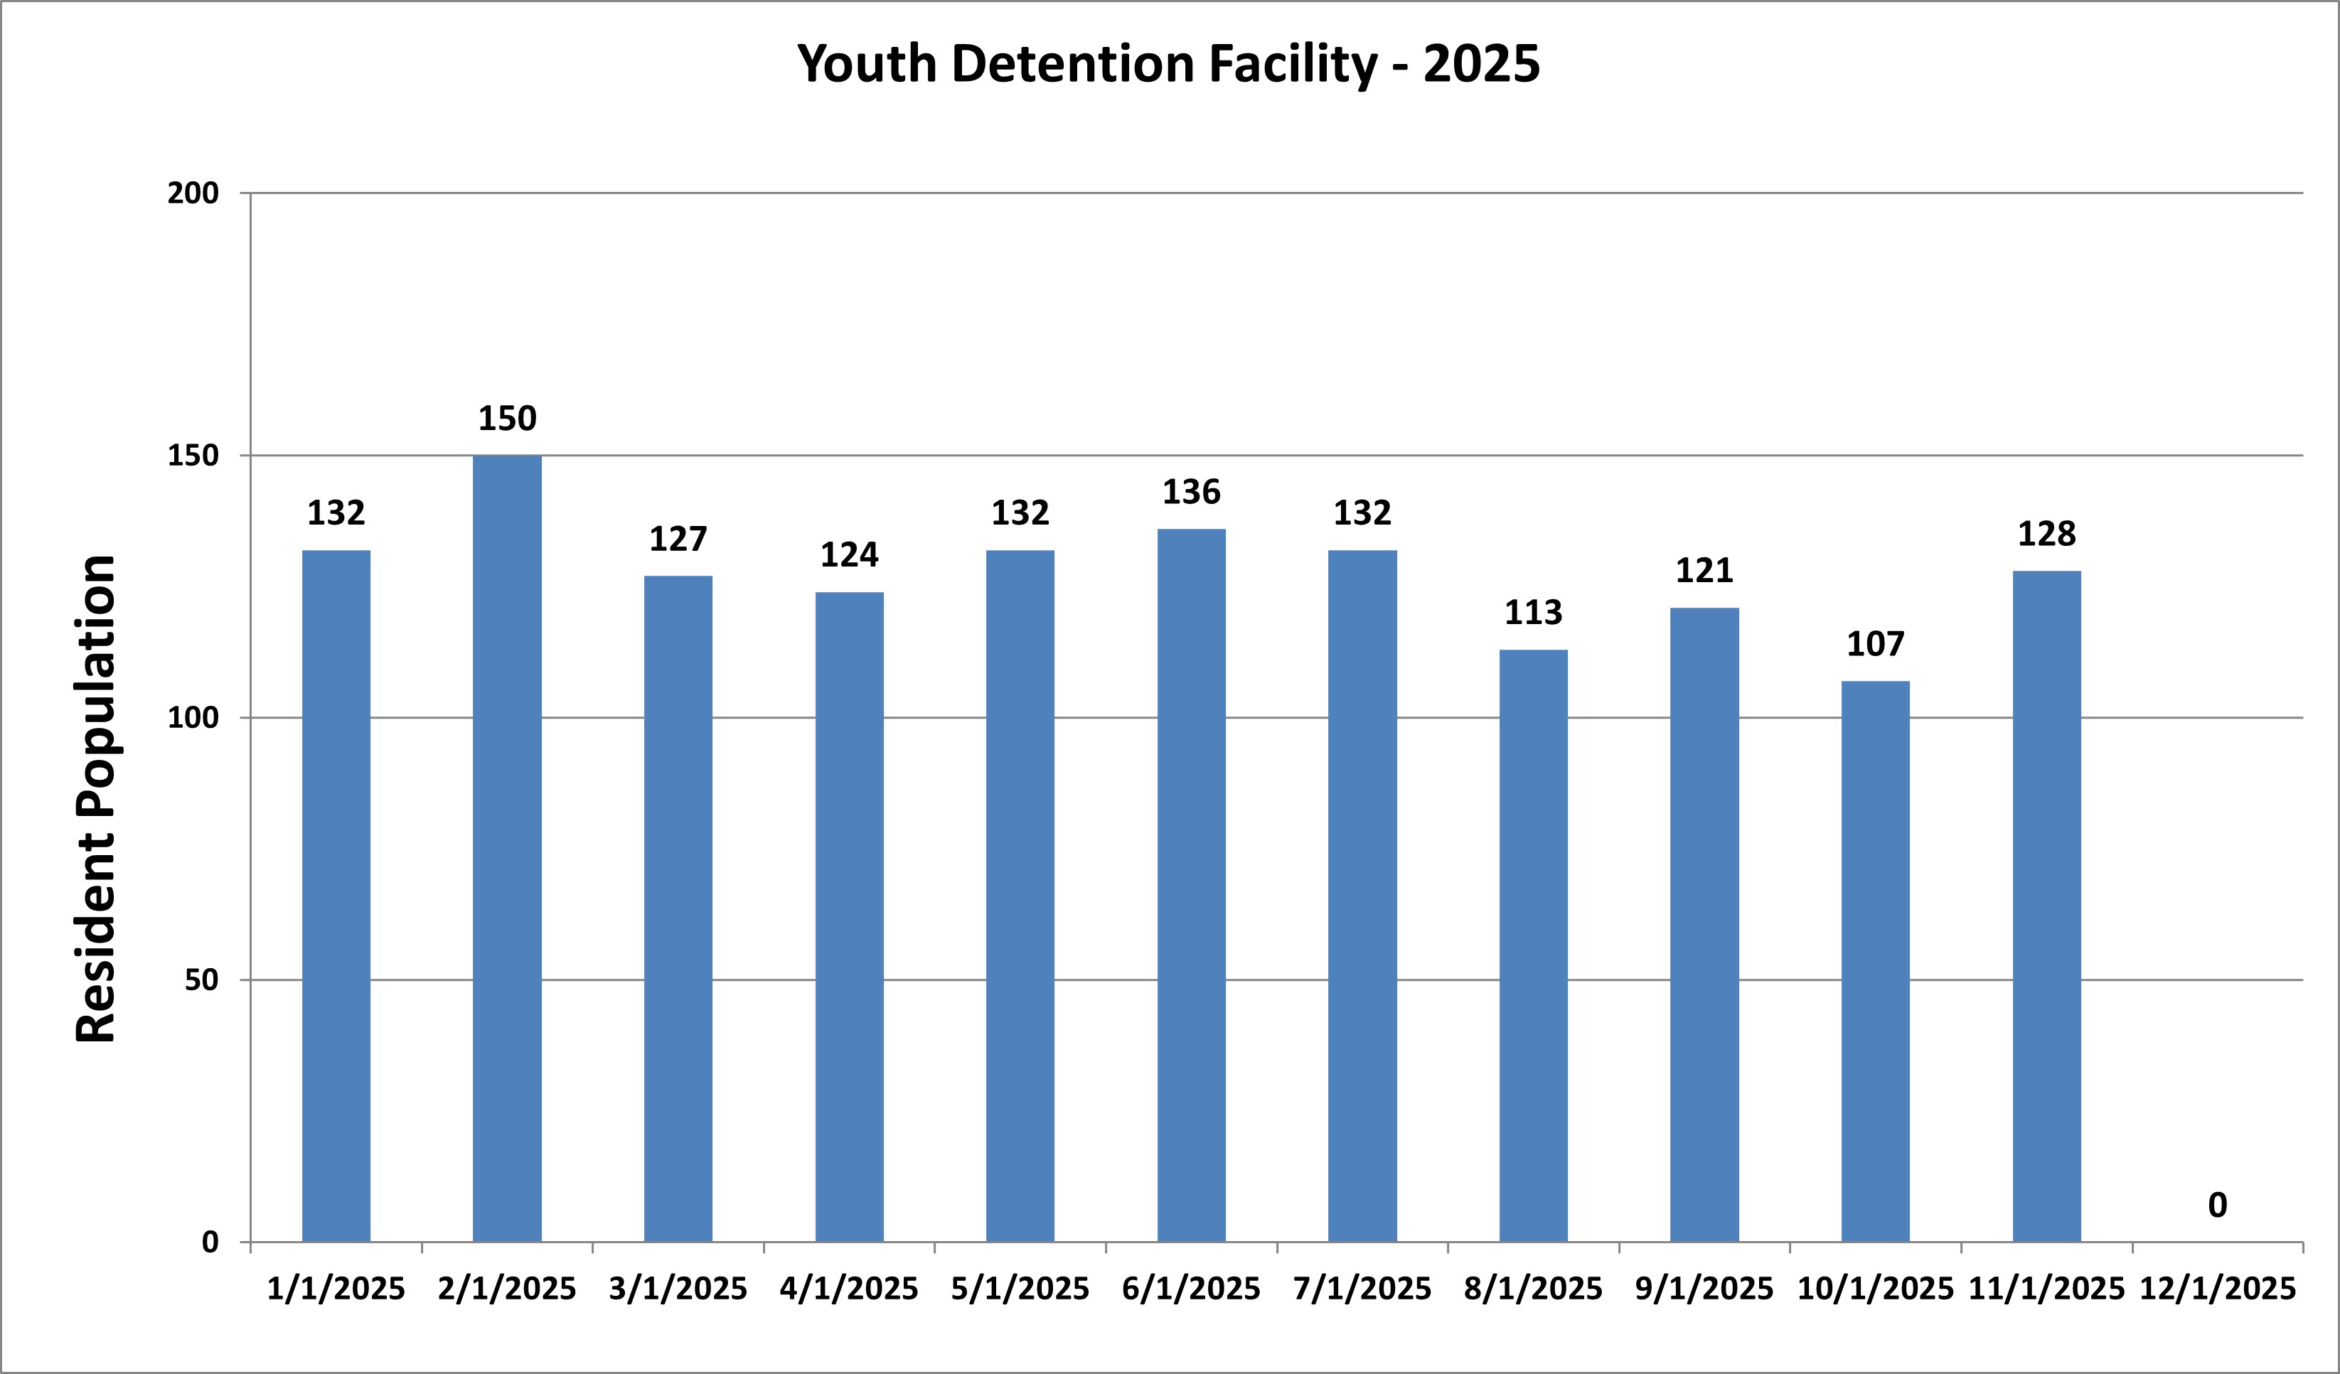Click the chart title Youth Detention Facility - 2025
[1168, 64]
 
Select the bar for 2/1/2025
[507, 847]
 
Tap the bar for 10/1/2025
[1875, 961]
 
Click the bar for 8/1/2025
[1533, 945]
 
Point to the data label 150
[507, 419]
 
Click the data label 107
[1875, 644]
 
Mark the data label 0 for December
[2218, 1205]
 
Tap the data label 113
[1533, 613]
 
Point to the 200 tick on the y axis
[193, 193]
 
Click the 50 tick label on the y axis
[201, 979]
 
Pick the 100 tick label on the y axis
[193, 718]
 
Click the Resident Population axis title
[96, 798]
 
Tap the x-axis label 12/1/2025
[2218, 1289]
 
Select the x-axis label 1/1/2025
[336, 1289]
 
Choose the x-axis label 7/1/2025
[1362, 1289]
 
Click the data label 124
[849, 555]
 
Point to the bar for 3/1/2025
[678, 908]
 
